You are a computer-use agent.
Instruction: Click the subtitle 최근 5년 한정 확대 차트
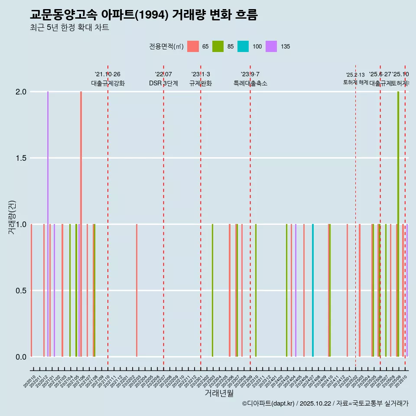(69, 28)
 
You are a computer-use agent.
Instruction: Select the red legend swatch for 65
(193, 46)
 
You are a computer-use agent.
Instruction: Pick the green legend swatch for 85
(218, 46)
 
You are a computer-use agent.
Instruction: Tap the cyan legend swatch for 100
(243, 46)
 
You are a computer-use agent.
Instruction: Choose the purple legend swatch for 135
(271, 46)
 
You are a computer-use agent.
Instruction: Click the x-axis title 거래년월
(219, 393)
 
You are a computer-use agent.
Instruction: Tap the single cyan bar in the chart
(313, 290)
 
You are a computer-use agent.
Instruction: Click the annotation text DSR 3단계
(163, 83)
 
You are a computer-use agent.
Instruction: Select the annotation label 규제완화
(201, 83)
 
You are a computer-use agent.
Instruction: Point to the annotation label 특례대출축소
(250, 83)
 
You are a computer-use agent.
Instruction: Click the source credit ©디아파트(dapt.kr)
(268, 403)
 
